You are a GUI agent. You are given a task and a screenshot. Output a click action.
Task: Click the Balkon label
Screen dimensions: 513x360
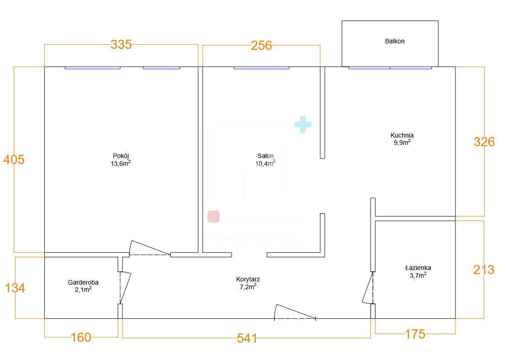[x=395, y=41]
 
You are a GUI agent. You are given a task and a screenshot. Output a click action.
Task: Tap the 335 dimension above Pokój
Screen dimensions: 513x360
[x=121, y=44]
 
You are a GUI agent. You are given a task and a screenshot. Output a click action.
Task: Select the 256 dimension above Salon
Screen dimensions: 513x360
[x=261, y=46]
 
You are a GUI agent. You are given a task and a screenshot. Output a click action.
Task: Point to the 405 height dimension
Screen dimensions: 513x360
[x=14, y=160]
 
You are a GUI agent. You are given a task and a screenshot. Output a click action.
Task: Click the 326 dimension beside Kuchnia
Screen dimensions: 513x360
[x=484, y=142]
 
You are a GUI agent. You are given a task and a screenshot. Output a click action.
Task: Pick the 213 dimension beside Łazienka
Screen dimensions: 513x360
[x=484, y=270]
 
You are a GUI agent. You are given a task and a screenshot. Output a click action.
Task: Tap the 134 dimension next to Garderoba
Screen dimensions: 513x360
[x=15, y=288]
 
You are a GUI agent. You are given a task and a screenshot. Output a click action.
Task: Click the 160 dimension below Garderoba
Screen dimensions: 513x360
[x=81, y=338]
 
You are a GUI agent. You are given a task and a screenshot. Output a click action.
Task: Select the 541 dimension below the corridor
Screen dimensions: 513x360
[x=247, y=339]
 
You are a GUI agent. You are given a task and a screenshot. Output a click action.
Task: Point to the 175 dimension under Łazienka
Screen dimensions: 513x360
[x=415, y=334]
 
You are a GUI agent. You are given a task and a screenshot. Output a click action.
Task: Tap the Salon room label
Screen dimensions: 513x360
[x=265, y=156]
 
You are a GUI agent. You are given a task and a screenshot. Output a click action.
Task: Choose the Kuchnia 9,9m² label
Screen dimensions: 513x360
[x=402, y=139]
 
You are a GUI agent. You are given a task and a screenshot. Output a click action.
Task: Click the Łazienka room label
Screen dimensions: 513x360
[x=418, y=268]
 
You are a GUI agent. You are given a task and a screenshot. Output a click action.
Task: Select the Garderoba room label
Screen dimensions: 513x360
[x=83, y=282]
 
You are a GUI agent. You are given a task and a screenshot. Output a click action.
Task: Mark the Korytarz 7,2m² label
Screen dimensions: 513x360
[x=248, y=283]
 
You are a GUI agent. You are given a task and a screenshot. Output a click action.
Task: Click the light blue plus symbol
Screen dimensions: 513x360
[x=303, y=124]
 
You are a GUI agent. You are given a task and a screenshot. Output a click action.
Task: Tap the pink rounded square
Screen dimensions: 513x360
[x=213, y=217]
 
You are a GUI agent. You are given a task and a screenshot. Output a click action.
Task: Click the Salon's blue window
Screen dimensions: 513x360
[x=261, y=68]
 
